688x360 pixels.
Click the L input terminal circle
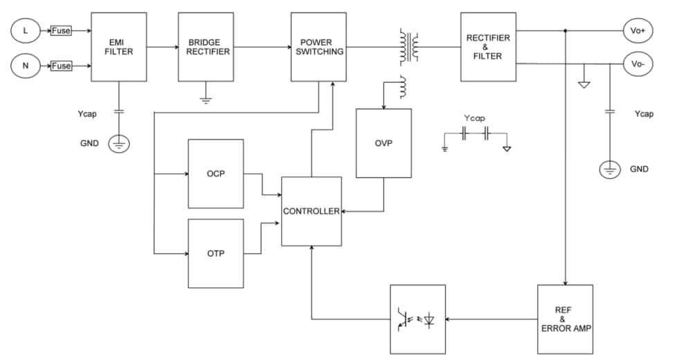[26, 30]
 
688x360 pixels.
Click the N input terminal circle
[26, 66]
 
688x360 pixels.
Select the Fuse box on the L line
[61, 30]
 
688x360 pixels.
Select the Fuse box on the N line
[61, 66]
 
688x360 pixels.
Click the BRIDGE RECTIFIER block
[206, 46]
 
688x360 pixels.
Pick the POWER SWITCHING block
[318, 46]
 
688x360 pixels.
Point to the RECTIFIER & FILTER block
[488, 46]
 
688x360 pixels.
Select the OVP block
[383, 143]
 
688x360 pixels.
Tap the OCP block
[215, 173]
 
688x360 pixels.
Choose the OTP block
[215, 253]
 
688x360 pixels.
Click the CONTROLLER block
[311, 211]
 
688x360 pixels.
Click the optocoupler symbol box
[417, 319]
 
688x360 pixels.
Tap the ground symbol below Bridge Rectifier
[206, 100]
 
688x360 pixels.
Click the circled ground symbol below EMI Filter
[119, 144]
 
